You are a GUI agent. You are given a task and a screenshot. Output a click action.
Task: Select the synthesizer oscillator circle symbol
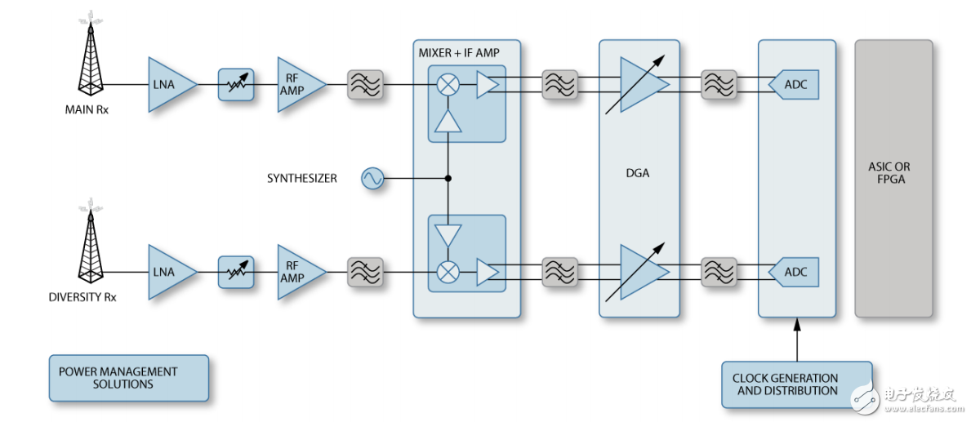(372, 178)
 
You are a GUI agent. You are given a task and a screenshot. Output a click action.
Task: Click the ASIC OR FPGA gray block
(893, 178)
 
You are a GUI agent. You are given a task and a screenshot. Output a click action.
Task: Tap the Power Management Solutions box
(128, 378)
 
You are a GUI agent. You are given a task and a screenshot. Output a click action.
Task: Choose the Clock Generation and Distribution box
(796, 384)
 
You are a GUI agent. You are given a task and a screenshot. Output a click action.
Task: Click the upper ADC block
(794, 85)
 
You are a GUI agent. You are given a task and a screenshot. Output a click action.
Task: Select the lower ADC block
(794, 272)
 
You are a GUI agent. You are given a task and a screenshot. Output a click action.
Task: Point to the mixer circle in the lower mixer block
(448, 272)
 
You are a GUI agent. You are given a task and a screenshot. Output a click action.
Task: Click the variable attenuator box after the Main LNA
(236, 85)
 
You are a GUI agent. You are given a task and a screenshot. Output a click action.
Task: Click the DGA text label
(637, 173)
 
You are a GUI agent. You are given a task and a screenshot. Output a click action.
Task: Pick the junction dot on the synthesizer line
(448, 178)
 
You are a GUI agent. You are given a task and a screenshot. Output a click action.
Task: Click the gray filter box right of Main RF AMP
(364, 85)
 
